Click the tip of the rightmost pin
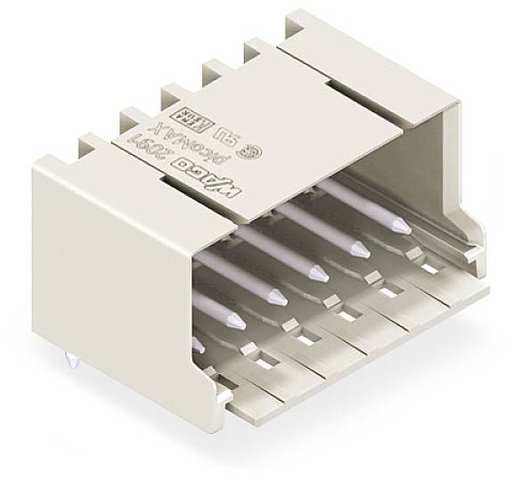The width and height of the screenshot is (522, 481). point(403,226)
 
